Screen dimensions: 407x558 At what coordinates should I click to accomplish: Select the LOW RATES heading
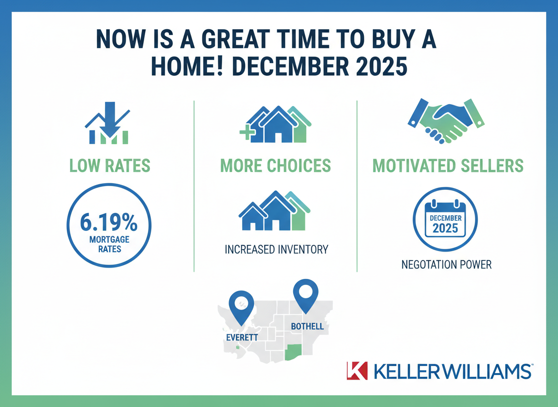point(109,166)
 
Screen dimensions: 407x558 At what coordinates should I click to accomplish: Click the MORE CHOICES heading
point(276,166)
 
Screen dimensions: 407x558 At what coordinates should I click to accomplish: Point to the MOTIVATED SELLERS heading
point(448,166)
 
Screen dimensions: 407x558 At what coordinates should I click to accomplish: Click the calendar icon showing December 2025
point(445,220)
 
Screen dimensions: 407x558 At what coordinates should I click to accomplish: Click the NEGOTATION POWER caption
point(446,264)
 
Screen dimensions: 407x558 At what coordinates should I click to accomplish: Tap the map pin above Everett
point(241,305)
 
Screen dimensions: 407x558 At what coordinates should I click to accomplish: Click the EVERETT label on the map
point(242,337)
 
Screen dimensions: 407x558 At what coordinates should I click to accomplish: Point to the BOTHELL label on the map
point(307,326)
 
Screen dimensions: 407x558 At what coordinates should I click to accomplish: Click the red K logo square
point(356,370)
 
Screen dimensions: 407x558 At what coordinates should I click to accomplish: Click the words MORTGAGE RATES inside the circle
point(109,244)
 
